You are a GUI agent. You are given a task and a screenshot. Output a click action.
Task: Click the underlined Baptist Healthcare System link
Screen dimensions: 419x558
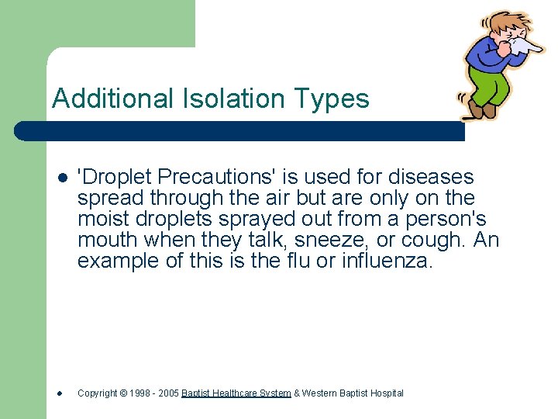(x=236, y=393)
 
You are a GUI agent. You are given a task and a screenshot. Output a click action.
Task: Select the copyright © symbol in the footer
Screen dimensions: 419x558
(x=122, y=393)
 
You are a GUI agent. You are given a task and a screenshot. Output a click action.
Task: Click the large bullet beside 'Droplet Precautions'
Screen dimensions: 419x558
(x=60, y=178)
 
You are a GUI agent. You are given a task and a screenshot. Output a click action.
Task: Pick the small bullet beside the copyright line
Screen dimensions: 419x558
(x=60, y=393)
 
